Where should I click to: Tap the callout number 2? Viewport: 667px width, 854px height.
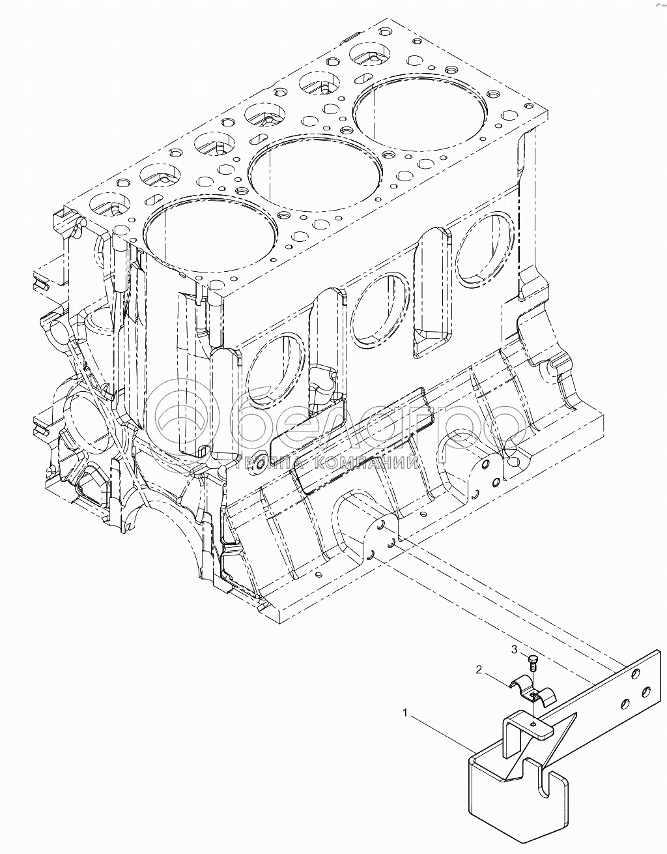(479, 670)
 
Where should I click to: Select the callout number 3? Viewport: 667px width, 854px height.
(514, 649)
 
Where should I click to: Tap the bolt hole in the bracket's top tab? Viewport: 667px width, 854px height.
(533, 724)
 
